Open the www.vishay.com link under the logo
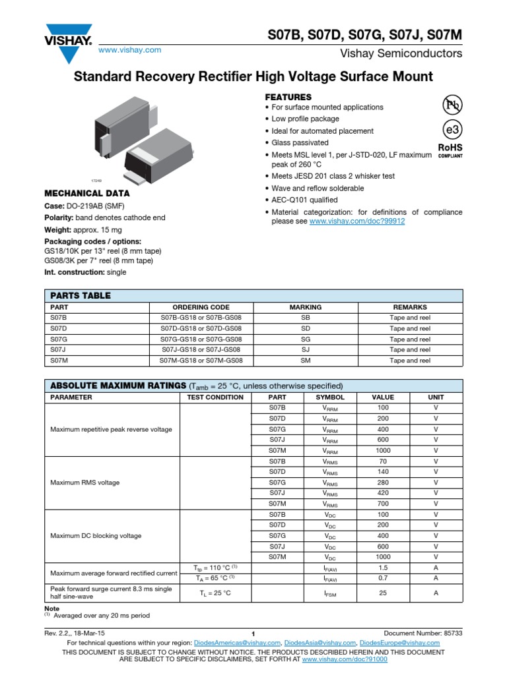pyautogui.click(x=129, y=50)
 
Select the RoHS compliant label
pyautogui.click(x=450, y=151)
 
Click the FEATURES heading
pyautogui.click(x=288, y=97)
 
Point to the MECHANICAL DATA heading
pyautogui.click(x=86, y=194)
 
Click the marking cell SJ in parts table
pyautogui.click(x=306, y=349)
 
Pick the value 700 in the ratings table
pyautogui.click(x=383, y=504)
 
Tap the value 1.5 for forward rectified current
pyautogui.click(x=383, y=568)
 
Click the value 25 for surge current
pyautogui.click(x=383, y=593)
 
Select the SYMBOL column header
pyautogui.click(x=330, y=397)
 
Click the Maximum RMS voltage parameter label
pyautogui.click(x=85, y=483)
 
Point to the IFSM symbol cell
pyautogui.click(x=330, y=594)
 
